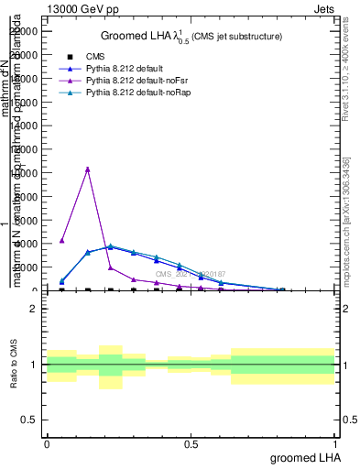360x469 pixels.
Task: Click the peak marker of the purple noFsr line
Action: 87,169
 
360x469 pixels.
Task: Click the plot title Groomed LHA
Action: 191,37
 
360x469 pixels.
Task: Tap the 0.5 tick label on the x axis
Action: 191,443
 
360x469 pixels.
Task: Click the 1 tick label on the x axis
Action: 335,443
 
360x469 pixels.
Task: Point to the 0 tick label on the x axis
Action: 47,443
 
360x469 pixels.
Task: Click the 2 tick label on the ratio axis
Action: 34,309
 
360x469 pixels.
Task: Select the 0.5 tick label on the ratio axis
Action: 30,420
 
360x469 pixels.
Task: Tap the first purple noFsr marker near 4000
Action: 61,241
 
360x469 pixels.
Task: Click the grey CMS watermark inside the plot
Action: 188,274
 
